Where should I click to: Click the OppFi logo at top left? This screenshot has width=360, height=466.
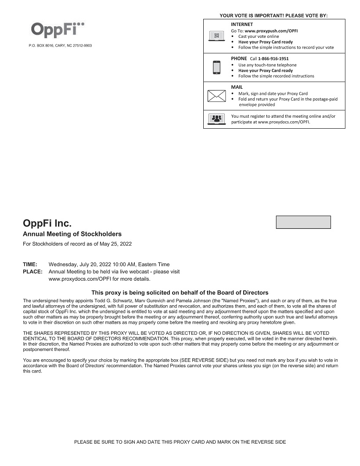[x=58, y=29]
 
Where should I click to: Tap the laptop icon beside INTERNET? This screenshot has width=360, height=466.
[x=216, y=36]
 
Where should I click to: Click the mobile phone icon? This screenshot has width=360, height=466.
[x=216, y=67]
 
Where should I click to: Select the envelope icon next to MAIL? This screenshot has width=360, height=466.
[x=216, y=96]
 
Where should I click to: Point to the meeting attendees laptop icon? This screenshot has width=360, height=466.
[x=216, y=119]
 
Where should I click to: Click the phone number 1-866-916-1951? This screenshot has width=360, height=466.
[x=273, y=58]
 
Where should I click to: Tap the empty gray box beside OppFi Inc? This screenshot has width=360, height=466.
[x=303, y=222]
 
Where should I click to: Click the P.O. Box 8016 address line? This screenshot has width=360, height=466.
[x=60, y=46]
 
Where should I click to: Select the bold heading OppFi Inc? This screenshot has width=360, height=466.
[x=47, y=223]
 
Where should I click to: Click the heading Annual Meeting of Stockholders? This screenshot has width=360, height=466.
[x=72, y=234]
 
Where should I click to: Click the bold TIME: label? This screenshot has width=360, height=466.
[x=30, y=264]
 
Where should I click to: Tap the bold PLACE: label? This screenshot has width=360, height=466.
[x=32, y=271]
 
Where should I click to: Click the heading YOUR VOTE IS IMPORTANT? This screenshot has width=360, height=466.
[x=274, y=16]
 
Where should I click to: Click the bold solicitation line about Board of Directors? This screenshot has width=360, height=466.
[x=180, y=293]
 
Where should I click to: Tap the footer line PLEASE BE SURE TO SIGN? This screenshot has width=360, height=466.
[x=180, y=442]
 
